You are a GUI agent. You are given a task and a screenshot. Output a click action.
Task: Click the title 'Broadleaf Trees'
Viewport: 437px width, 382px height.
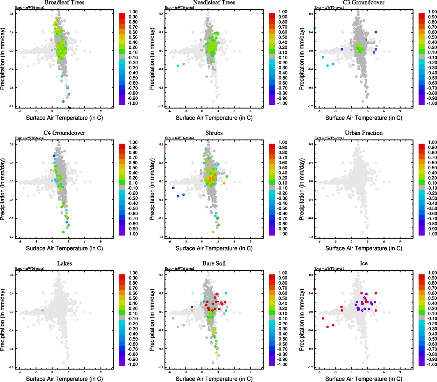(64, 3)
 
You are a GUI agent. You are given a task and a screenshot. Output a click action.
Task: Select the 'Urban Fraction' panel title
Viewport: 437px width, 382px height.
(363, 133)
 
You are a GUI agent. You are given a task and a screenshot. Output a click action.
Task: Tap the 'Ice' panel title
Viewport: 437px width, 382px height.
(363, 263)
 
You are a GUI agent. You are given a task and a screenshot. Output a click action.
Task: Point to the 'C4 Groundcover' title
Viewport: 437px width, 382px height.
(64, 133)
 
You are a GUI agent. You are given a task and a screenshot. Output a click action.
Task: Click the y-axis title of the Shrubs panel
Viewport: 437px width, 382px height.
(152, 190)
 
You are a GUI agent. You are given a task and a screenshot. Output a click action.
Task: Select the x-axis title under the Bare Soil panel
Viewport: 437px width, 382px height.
(214, 378)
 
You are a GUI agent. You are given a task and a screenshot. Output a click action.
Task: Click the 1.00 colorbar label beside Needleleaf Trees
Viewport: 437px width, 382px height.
(283, 12)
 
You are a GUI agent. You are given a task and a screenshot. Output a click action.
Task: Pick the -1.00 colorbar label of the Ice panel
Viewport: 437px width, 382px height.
(432, 364)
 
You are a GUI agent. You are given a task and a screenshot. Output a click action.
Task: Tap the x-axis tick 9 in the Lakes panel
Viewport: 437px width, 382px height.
(101, 372)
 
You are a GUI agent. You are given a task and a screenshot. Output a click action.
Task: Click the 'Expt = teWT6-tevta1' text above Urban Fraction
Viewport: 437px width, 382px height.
(329, 138)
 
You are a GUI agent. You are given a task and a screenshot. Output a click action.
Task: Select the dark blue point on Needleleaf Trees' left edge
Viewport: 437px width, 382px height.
(165, 28)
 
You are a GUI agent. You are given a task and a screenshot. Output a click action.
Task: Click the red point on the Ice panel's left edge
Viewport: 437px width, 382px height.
(314, 289)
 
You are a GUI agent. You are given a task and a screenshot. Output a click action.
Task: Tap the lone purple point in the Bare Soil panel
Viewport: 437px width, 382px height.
(192, 307)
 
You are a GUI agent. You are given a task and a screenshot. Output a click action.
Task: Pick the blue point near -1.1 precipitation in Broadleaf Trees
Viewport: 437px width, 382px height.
(63, 102)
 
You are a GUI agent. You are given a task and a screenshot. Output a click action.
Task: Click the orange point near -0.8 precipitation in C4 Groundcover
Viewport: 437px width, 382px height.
(68, 218)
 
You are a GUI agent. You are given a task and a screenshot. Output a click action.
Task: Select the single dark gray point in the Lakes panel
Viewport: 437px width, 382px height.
(42, 310)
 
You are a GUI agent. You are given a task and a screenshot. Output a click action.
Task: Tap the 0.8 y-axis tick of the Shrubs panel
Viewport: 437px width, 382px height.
(162, 144)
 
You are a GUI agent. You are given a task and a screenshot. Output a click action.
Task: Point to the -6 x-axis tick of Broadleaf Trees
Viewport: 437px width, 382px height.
(20, 111)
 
